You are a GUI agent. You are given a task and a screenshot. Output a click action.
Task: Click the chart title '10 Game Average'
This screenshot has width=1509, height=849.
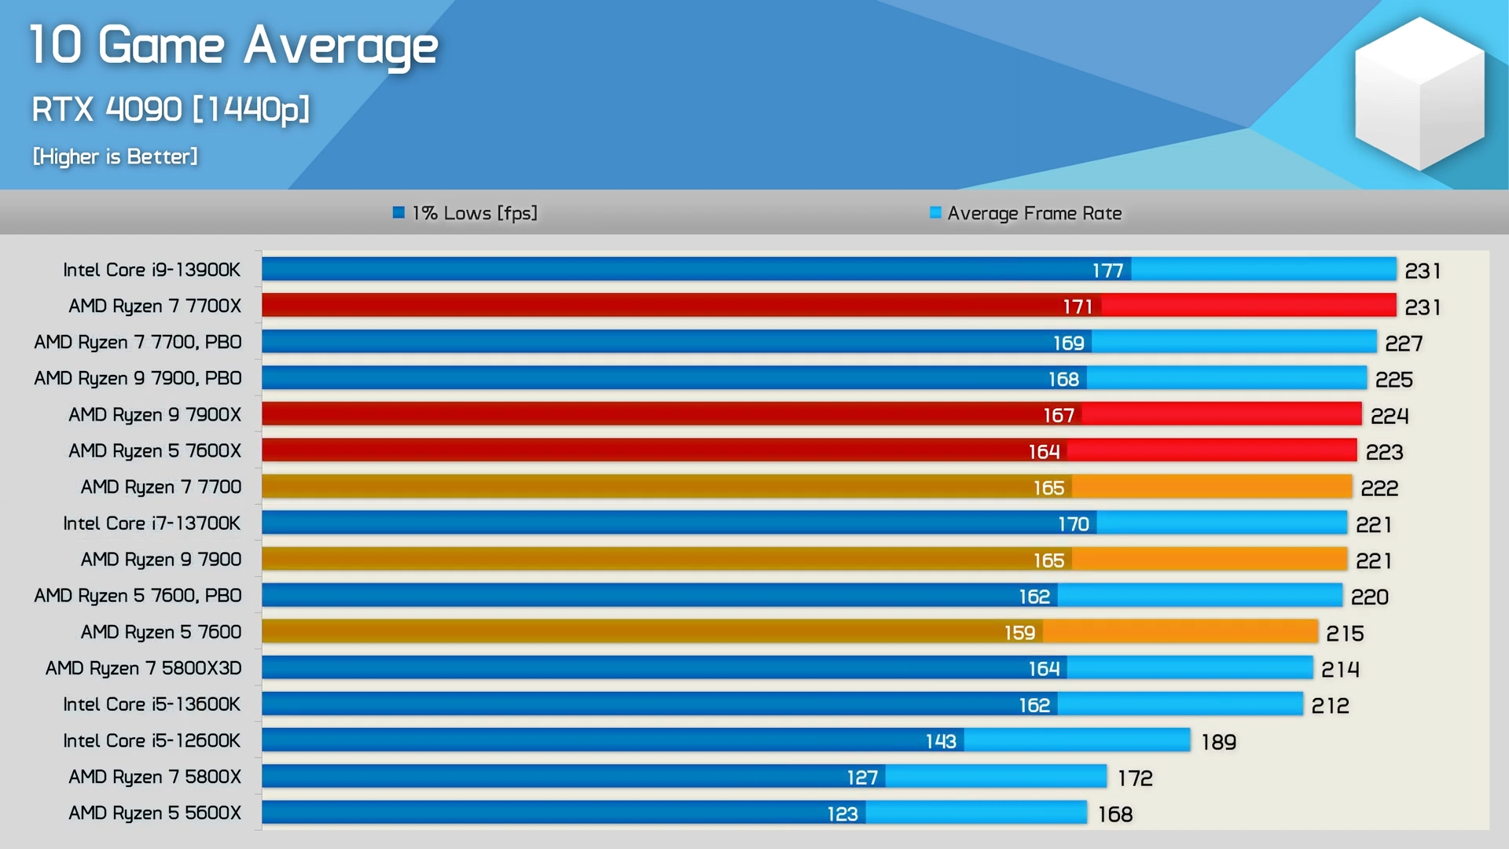tap(233, 46)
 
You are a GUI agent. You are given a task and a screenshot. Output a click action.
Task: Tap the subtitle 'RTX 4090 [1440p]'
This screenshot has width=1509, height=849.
tap(171, 109)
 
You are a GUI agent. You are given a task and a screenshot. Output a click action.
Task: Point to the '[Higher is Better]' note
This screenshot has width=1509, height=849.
tap(115, 156)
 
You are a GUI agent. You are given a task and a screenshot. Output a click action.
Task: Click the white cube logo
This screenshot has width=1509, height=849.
tap(1419, 94)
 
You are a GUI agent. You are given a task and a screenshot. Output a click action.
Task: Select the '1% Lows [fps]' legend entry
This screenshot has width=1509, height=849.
tap(465, 213)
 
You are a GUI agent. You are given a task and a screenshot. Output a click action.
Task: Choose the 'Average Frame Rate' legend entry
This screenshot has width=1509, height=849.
tap(1026, 213)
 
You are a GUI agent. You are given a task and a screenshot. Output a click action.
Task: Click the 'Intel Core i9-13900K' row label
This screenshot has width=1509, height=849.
tap(152, 270)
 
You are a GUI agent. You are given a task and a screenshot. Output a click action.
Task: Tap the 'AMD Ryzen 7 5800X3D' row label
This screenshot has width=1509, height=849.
tap(143, 668)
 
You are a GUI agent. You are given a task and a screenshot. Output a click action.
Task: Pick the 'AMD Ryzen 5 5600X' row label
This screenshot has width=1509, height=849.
tap(155, 813)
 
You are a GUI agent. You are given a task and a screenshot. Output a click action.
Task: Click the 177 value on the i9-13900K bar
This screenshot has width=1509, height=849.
tap(1107, 270)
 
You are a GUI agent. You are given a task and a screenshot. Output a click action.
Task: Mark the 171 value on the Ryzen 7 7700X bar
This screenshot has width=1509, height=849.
tap(1078, 307)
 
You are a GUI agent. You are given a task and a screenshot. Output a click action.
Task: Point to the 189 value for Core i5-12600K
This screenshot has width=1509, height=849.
tap(1218, 742)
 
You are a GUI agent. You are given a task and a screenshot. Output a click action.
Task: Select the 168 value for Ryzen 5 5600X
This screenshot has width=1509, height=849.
tap(1115, 814)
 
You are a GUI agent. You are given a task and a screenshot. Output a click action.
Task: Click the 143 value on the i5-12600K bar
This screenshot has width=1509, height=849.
tap(940, 741)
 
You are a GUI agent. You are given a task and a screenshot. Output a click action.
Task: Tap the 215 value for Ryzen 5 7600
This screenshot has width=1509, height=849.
tap(1345, 634)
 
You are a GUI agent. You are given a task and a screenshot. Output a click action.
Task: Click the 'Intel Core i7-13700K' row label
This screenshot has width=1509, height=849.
tap(152, 524)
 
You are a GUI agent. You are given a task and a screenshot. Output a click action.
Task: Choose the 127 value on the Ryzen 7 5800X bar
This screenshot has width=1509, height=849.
tap(861, 777)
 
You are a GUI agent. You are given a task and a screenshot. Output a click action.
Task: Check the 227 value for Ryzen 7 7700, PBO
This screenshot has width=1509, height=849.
tap(1404, 344)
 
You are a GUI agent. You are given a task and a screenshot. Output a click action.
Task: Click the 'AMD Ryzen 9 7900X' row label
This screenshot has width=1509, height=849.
tap(155, 414)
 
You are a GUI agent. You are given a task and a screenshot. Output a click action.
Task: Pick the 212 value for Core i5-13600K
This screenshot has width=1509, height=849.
tap(1330, 706)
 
